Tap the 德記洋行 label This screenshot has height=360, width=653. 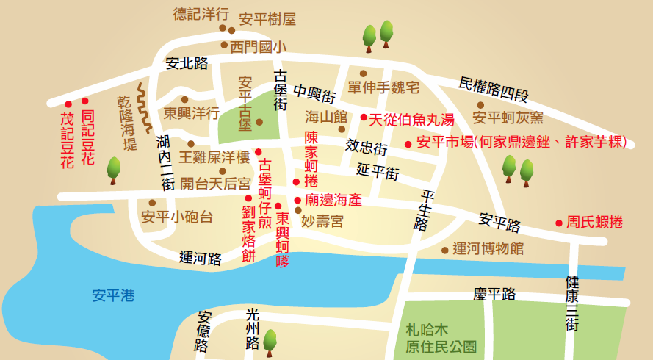tap(200, 14)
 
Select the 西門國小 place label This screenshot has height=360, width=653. tap(257, 48)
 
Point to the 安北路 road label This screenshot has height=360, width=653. tap(186, 63)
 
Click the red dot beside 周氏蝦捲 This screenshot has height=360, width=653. tap(559, 223)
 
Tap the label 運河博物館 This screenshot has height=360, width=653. tap(488, 248)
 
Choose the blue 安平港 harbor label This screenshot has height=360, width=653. tap(114, 296)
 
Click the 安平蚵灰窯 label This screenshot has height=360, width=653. tap(508, 118)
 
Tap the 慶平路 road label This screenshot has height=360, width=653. tap(494, 295)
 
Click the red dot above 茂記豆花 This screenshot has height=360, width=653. tap(68, 104)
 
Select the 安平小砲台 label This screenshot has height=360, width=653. tap(177, 217)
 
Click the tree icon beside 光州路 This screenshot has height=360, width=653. tap(270, 339)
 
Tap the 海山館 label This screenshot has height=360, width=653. tap(326, 116)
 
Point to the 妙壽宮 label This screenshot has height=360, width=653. tap(322, 220)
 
